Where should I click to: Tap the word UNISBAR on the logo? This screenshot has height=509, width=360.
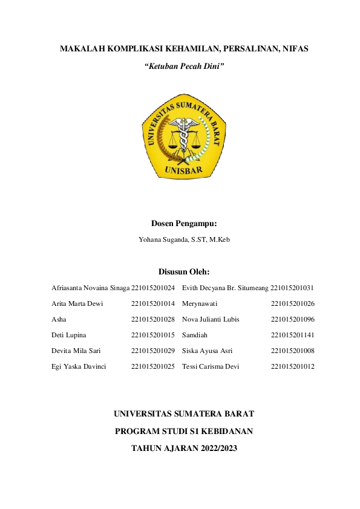(x=184, y=172)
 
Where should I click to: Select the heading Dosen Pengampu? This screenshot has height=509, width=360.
(x=184, y=224)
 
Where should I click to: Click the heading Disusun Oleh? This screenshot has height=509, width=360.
(x=184, y=271)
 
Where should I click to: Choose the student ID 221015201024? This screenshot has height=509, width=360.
(x=153, y=288)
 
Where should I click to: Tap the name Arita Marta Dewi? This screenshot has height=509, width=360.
(x=77, y=303)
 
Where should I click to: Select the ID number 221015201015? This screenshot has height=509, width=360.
(x=153, y=335)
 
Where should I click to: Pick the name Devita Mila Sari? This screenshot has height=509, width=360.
(x=76, y=351)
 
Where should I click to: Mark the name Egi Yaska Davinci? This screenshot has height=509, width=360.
(x=79, y=366)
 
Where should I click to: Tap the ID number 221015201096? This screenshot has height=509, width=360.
(x=293, y=319)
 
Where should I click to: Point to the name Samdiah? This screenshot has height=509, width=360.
(x=195, y=335)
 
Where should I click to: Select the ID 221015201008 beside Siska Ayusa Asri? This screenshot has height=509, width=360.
(x=293, y=351)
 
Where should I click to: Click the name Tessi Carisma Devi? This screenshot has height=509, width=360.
(x=211, y=366)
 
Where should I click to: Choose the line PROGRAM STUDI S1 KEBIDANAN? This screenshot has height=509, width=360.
(x=184, y=432)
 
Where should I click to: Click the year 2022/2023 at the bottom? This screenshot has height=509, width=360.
(x=215, y=449)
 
